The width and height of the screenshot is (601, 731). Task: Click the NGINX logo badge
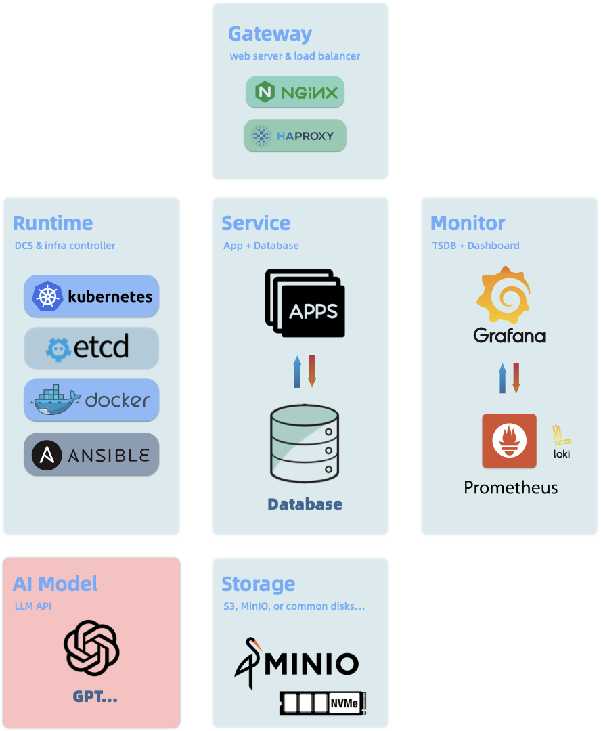tap(295, 92)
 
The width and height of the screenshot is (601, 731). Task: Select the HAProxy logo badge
tap(295, 135)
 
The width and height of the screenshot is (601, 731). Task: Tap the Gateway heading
tap(270, 34)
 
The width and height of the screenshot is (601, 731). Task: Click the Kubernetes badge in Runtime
tap(91, 296)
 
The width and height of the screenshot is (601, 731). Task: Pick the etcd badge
tap(91, 348)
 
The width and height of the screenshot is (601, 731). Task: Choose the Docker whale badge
tap(91, 399)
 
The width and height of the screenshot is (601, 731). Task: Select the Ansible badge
tap(91, 454)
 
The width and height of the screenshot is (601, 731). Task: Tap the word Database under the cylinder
tap(305, 504)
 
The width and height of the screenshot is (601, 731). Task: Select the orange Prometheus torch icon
tap(509, 441)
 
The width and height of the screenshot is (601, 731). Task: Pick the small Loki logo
tap(561, 441)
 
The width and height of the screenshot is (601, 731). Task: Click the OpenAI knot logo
tap(91, 648)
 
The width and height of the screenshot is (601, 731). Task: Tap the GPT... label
tap(95, 696)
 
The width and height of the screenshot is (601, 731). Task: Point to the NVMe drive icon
tap(323, 703)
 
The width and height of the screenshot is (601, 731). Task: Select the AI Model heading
tap(55, 583)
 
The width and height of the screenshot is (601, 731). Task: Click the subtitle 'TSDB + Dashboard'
tap(476, 246)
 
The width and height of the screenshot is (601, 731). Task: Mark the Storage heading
tap(258, 583)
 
